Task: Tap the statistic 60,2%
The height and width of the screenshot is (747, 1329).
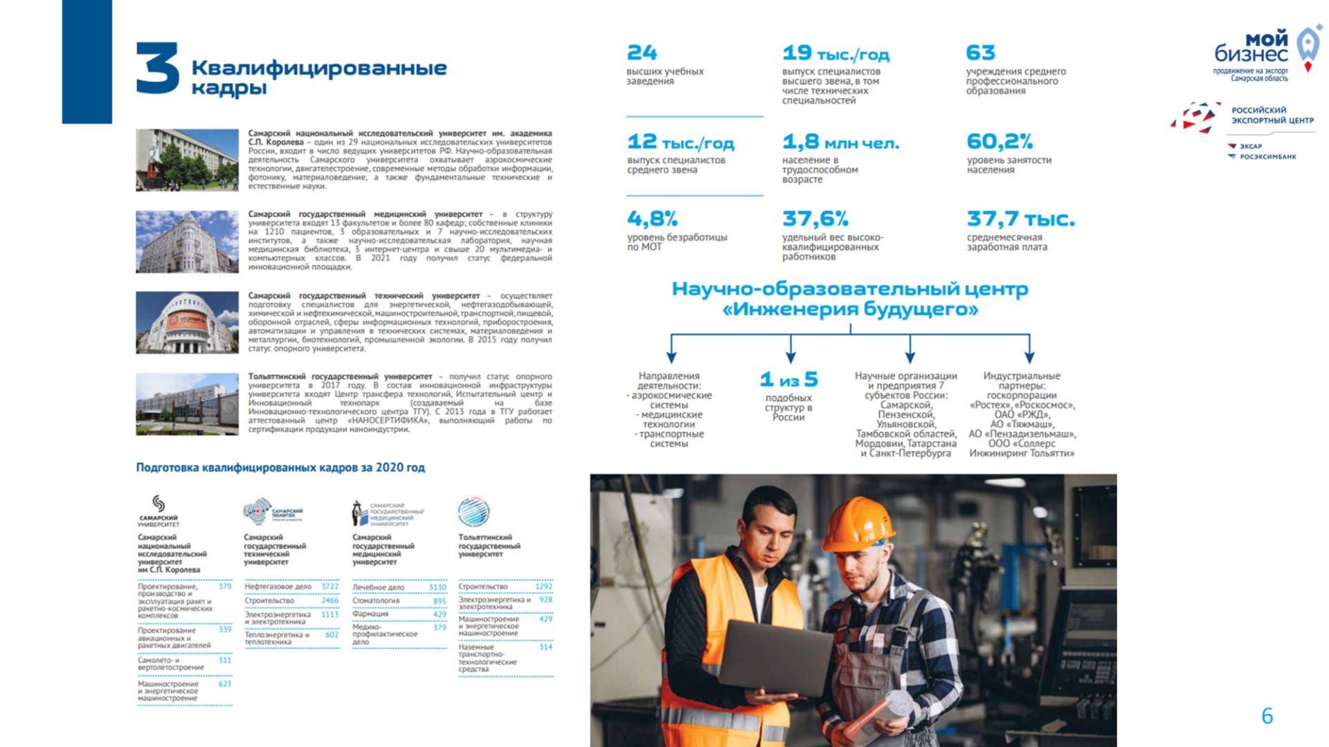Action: tap(1000, 142)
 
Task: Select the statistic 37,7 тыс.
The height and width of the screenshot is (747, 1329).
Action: tap(1020, 219)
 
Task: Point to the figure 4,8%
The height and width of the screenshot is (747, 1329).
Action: tap(652, 219)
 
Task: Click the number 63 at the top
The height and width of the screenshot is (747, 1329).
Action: tap(980, 53)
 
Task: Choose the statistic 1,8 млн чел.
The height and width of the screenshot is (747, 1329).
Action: tap(840, 142)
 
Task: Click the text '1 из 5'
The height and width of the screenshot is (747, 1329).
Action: tap(788, 380)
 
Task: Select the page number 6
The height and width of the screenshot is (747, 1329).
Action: tap(1267, 716)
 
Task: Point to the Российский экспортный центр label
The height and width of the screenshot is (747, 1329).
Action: tap(1272, 115)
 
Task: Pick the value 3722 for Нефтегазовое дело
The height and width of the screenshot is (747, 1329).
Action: tap(329, 587)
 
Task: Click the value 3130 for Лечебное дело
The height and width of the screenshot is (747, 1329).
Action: tap(437, 587)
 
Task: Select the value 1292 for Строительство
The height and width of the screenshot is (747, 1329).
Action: tap(543, 587)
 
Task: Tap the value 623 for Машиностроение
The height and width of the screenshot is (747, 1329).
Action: tap(225, 684)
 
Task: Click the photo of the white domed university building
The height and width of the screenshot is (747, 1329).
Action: tap(187, 322)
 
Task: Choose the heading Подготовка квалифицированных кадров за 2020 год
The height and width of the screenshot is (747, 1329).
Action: tap(280, 468)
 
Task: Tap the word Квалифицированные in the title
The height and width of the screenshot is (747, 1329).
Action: tap(318, 68)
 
